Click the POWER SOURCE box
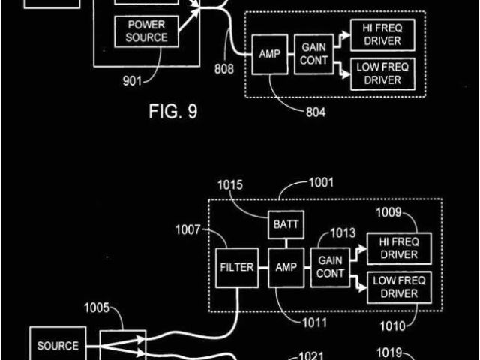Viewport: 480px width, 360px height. pyautogui.click(x=146, y=31)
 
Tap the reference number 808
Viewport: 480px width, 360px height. pyautogui.click(x=224, y=69)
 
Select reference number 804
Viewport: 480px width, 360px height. pyautogui.click(x=316, y=113)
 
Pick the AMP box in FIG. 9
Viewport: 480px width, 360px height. pyautogui.click(x=268, y=55)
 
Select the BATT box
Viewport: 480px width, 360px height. pyautogui.click(x=284, y=224)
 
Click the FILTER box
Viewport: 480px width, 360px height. pyautogui.click(x=235, y=266)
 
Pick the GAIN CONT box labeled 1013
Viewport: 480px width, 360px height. pyautogui.click(x=330, y=267)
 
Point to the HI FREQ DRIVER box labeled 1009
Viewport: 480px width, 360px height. pyautogui.click(x=398, y=248)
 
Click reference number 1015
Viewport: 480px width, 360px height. pyautogui.click(x=231, y=185)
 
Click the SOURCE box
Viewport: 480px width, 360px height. pyautogui.click(x=58, y=346)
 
